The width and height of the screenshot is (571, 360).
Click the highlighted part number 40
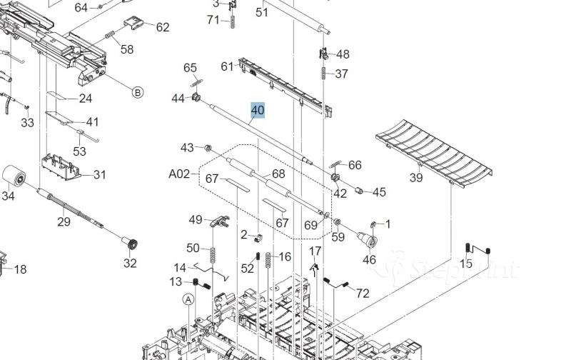click(x=257, y=110)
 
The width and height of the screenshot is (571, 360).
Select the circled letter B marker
click(x=137, y=91)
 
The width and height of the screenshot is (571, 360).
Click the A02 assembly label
click(x=179, y=174)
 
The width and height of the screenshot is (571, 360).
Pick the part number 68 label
click(x=278, y=174)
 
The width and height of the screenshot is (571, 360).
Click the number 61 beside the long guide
click(x=228, y=66)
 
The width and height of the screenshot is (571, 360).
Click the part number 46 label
click(x=369, y=260)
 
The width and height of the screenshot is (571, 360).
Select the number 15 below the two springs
click(x=465, y=264)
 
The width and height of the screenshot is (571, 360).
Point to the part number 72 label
click(x=363, y=293)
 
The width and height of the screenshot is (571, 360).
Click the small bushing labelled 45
click(x=360, y=191)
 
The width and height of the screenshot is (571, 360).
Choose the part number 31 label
click(x=99, y=175)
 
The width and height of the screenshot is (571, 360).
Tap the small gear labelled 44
click(x=195, y=98)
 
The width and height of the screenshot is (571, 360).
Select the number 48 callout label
click(x=343, y=54)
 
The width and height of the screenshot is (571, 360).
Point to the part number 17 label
click(x=315, y=251)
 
